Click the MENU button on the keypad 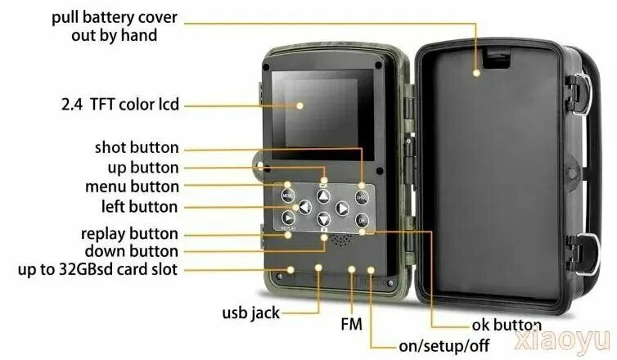click(x=288, y=196)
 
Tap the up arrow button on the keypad click(x=323, y=196)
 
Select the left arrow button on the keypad click(x=305, y=207)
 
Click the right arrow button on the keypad click(x=342, y=208)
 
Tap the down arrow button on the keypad click(x=323, y=219)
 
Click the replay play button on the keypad click(x=288, y=218)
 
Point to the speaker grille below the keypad click(x=340, y=240)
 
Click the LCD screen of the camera click(x=322, y=115)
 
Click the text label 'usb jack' click(x=250, y=313)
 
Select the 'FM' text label click(x=351, y=324)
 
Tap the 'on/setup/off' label click(x=444, y=346)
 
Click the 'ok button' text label click(x=507, y=325)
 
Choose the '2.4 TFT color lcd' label click(x=120, y=105)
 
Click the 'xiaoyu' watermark click(x=562, y=340)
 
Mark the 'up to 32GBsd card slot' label click(x=97, y=269)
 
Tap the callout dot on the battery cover click(x=476, y=73)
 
